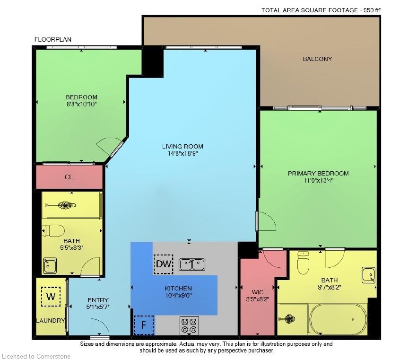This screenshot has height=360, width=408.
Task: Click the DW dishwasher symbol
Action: tap(164, 264)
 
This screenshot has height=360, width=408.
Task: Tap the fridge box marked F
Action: tap(144, 325)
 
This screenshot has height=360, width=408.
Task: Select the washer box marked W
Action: tap(51, 297)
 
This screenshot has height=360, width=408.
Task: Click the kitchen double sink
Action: tap(192, 264)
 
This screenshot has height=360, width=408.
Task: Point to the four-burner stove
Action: tap(189, 325)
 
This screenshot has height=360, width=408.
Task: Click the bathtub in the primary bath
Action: tap(338, 319)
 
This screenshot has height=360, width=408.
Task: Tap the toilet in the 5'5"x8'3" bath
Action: tap(53, 231)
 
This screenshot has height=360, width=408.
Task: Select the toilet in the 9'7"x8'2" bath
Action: tap(303, 263)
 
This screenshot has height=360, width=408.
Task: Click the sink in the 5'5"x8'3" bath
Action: tap(50, 265)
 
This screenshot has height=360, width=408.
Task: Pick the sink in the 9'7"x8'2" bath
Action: tap(368, 275)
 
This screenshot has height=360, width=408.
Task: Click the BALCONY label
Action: tap(317, 59)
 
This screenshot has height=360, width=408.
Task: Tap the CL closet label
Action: tap(69, 177)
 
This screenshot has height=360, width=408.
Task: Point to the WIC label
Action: tap(257, 292)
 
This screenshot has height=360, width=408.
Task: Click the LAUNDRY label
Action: tap(51, 321)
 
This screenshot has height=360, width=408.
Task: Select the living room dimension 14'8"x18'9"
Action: tap(182, 154)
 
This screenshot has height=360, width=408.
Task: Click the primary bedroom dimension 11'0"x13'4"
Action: tap(319, 180)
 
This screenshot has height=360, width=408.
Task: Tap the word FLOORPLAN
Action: tap(53, 39)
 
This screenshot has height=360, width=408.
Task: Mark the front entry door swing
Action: tap(100, 327)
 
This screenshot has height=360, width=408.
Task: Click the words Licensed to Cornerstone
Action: tap(36, 356)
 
